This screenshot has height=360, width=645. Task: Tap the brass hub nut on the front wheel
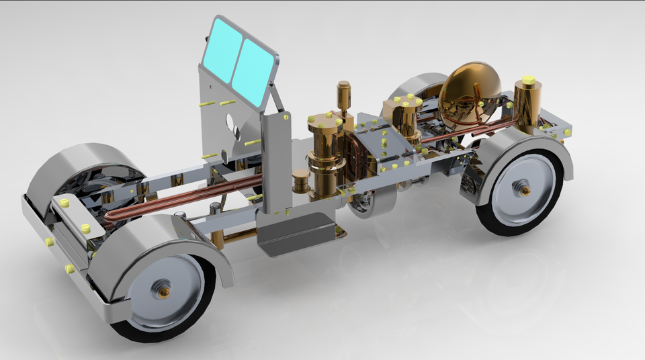pyautogui.click(x=163, y=291)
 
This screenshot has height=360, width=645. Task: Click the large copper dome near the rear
pyautogui.click(x=470, y=88)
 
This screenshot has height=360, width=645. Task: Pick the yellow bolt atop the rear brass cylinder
pyautogui.click(x=528, y=80)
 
